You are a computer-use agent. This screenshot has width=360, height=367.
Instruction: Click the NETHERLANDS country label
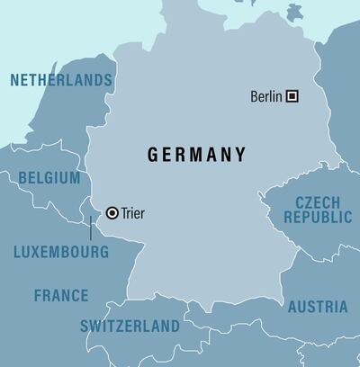[x=61, y=81]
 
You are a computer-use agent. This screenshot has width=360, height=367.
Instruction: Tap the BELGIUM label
[x=49, y=178]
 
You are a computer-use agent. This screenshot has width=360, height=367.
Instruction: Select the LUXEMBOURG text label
[x=61, y=253]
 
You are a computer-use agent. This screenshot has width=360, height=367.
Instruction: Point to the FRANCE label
[x=61, y=295]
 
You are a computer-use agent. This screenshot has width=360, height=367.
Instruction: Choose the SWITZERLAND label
[x=130, y=327]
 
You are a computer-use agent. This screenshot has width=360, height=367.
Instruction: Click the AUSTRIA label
[x=318, y=308]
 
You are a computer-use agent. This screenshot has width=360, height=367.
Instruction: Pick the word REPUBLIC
[x=318, y=218]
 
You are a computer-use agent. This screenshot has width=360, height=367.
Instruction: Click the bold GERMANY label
[x=197, y=155]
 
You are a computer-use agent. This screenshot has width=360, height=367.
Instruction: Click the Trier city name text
[x=131, y=213]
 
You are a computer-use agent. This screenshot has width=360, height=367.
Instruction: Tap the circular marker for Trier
[x=112, y=213]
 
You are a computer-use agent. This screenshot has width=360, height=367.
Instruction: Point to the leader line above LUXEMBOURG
[x=91, y=228]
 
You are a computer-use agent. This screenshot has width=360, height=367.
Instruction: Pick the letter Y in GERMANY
[x=240, y=155]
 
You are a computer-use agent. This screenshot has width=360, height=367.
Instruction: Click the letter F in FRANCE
[x=39, y=295]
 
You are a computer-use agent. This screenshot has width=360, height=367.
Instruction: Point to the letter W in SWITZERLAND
[x=95, y=327]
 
